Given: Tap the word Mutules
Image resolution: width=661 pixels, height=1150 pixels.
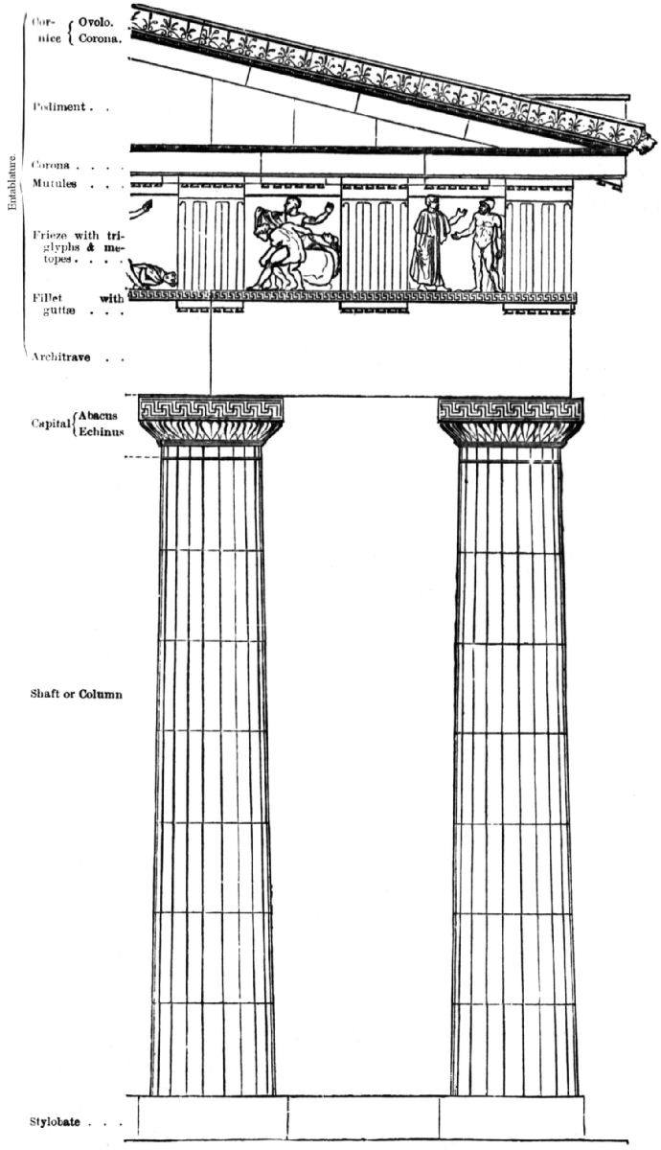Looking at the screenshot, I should pos(56,183).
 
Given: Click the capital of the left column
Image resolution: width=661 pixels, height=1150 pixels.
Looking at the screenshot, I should pos(211,420).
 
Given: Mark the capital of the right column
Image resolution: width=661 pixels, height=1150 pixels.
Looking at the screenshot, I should pos(511,420).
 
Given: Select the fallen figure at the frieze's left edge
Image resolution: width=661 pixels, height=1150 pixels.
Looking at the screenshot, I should pos(153,276).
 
